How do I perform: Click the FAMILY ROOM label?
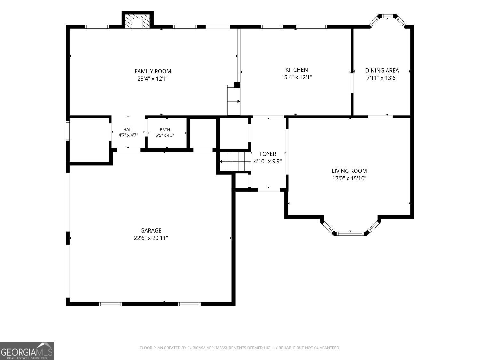(153, 71)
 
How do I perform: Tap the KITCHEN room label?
(297, 70)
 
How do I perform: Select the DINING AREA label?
(382, 71)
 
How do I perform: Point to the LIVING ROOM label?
(349, 171)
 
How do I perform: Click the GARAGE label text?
(151, 231)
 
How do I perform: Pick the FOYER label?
(268, 154)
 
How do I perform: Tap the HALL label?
(128, 130)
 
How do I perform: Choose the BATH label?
(165, 130)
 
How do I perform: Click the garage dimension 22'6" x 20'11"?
(151, 238)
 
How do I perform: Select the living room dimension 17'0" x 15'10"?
(349, 178)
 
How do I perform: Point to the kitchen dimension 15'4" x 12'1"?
(297, 77)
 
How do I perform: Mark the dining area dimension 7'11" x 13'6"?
(382, 78)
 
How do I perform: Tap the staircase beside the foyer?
(235, 162)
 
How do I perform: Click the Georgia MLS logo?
(27, 351)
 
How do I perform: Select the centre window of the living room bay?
(350, 234)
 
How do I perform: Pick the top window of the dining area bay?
(387, 16)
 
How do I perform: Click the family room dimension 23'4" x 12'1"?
(153, 79)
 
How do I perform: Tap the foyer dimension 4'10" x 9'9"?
(268, 161)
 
